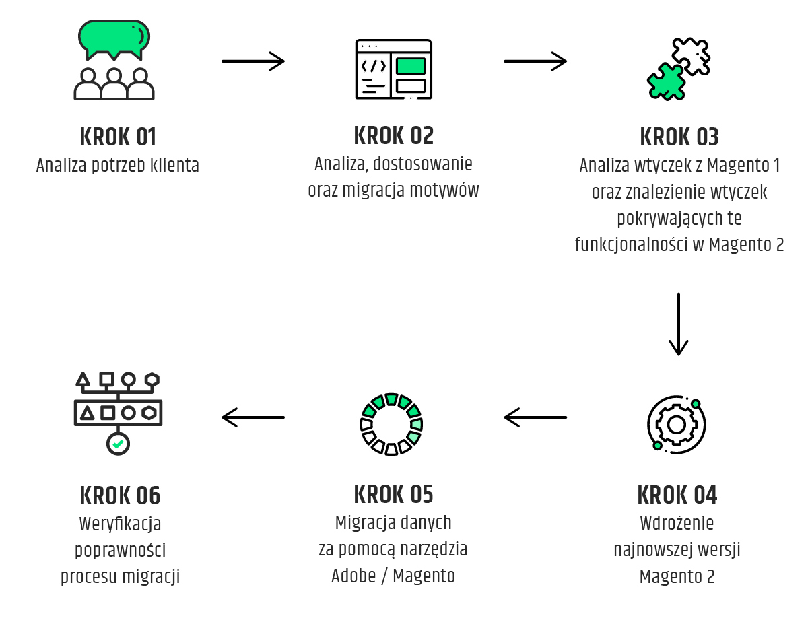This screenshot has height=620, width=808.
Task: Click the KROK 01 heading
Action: pyautogui.click(x=118, y=137)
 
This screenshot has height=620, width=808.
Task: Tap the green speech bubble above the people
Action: pyautogui.click(x=113, y=38)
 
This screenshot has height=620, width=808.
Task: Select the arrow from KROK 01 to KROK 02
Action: pyautogui.click(x=253, y=61)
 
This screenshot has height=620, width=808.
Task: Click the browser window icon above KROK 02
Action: pyautogui.click(x=393, y=69)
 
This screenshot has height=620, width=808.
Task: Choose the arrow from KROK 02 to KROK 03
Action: pyautogui.click(x=535, y=61)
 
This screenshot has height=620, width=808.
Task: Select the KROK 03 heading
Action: pyautogui.click(x=679, y=137)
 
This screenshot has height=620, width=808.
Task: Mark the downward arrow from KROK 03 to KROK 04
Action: pyautogui.click(x=678, y=324)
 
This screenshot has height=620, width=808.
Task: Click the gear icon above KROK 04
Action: pyautogui.click(x=676, y=424)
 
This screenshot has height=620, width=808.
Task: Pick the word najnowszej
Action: pyautogui.click(x=646, y=550)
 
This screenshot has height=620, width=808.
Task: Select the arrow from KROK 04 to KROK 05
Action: pyautogui.click(x=535, y=418)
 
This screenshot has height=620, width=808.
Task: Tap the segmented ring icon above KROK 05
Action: pyautogui.click(x=391, y=424)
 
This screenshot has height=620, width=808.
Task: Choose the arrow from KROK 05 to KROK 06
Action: pyautogui.click(x=253, y=418)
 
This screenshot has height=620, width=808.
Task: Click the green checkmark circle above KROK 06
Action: pyautogui.click(x=118, y=444)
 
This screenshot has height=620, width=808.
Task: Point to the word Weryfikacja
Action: pyautogui.click(x=121, y=524)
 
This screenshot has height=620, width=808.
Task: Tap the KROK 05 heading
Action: pyautogui.click(x=393, y=495)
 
